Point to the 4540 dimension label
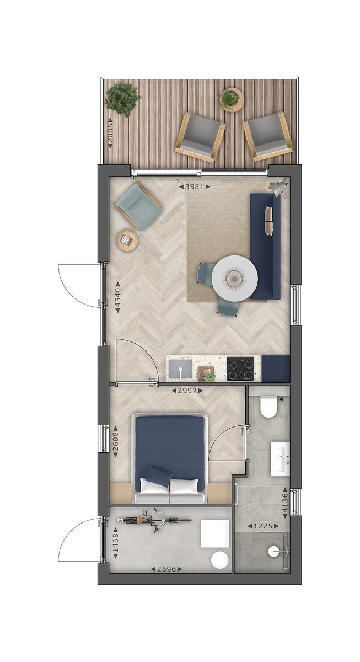pos(117,298)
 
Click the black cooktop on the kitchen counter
pos(241,369)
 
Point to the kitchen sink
pos(181,369)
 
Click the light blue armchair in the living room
pos(138,206)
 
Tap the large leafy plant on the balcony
pos(122,98)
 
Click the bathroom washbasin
pos(280,457)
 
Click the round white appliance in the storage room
pos(220,560)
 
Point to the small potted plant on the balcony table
pos(230,99)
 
